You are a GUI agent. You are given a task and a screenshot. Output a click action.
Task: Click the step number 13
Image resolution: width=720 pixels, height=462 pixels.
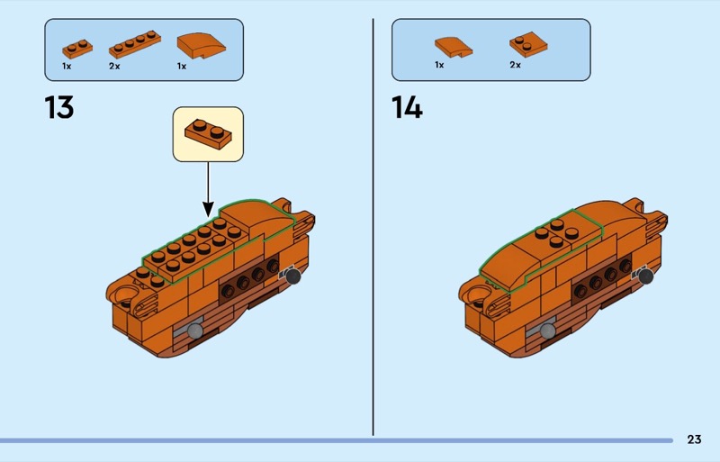coord(58,107)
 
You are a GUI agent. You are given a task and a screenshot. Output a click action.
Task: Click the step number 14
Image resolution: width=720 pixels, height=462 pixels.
coord(407,107)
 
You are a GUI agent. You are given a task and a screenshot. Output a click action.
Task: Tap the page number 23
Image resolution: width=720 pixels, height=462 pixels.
coord(694,439)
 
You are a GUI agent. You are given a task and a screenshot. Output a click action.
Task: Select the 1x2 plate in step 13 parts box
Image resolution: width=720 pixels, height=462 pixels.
coord(77,49)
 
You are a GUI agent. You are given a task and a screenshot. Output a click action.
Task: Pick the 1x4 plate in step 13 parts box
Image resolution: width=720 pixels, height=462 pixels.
coord(135,44)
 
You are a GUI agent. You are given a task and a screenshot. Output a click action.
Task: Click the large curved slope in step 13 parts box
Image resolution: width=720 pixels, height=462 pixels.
coord(201,46)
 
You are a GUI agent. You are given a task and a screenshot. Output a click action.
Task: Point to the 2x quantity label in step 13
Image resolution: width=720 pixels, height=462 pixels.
coord(114,67)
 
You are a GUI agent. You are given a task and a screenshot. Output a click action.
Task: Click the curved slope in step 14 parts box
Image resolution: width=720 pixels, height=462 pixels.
coord(454,47)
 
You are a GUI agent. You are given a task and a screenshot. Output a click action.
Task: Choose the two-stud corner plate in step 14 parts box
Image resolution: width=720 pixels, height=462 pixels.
coord(528,44)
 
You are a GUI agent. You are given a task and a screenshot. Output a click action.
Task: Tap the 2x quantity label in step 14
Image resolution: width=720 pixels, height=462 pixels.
coord(515,65)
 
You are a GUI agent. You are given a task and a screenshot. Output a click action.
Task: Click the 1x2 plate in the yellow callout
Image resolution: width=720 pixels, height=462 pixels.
coord(209,134)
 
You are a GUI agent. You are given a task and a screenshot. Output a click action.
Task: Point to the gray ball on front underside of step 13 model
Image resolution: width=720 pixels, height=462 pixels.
coord(194,331)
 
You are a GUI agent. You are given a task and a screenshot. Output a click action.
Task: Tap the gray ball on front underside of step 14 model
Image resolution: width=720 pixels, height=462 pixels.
coord(547,331)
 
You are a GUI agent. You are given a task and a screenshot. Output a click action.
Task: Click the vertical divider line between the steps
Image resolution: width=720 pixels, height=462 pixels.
coord(373,227)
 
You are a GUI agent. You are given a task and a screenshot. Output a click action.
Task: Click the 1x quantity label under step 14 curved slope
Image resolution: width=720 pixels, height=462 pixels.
coord(439,65)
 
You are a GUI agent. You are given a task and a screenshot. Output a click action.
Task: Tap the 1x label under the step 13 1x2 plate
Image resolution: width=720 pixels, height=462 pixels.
coord(67,67)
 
